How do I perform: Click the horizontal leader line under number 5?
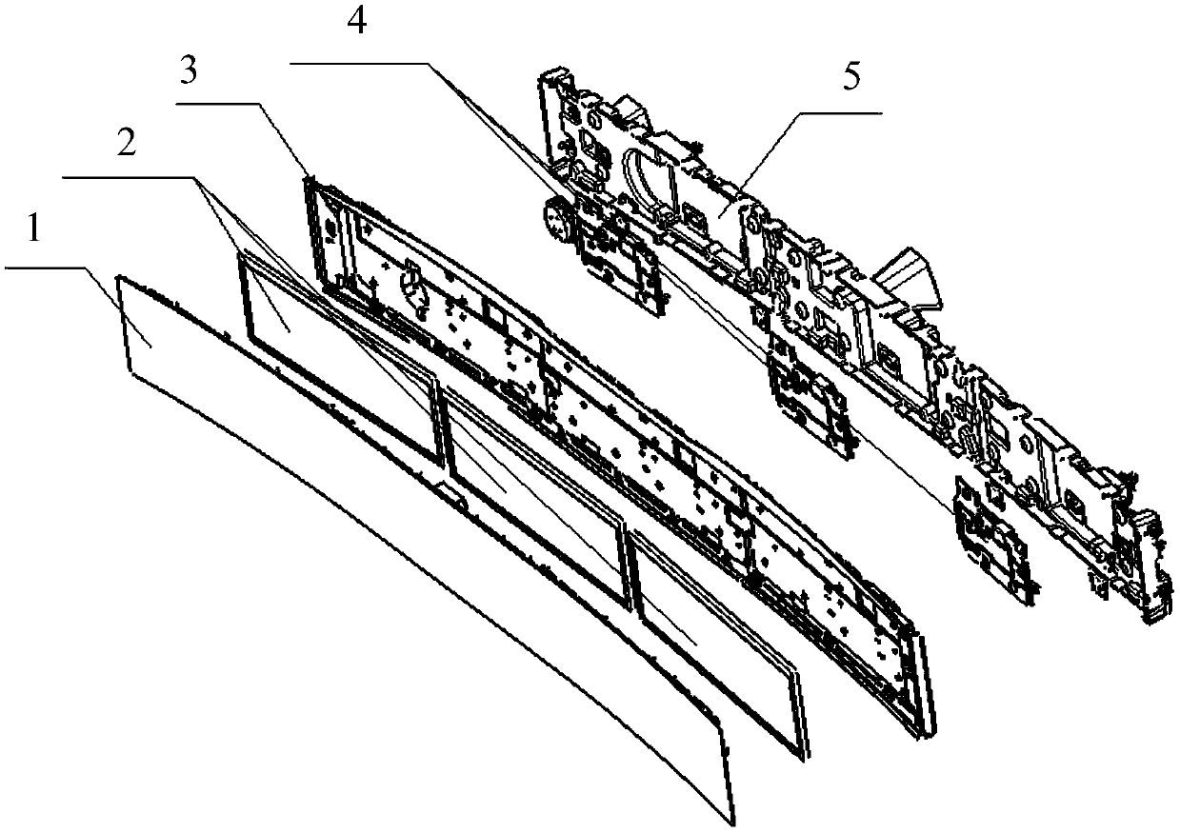pos(838,112)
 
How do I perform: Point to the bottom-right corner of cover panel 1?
pos(734,821)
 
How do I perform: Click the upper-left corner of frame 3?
pos(309,181)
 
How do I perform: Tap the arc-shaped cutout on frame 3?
pos(414,285)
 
